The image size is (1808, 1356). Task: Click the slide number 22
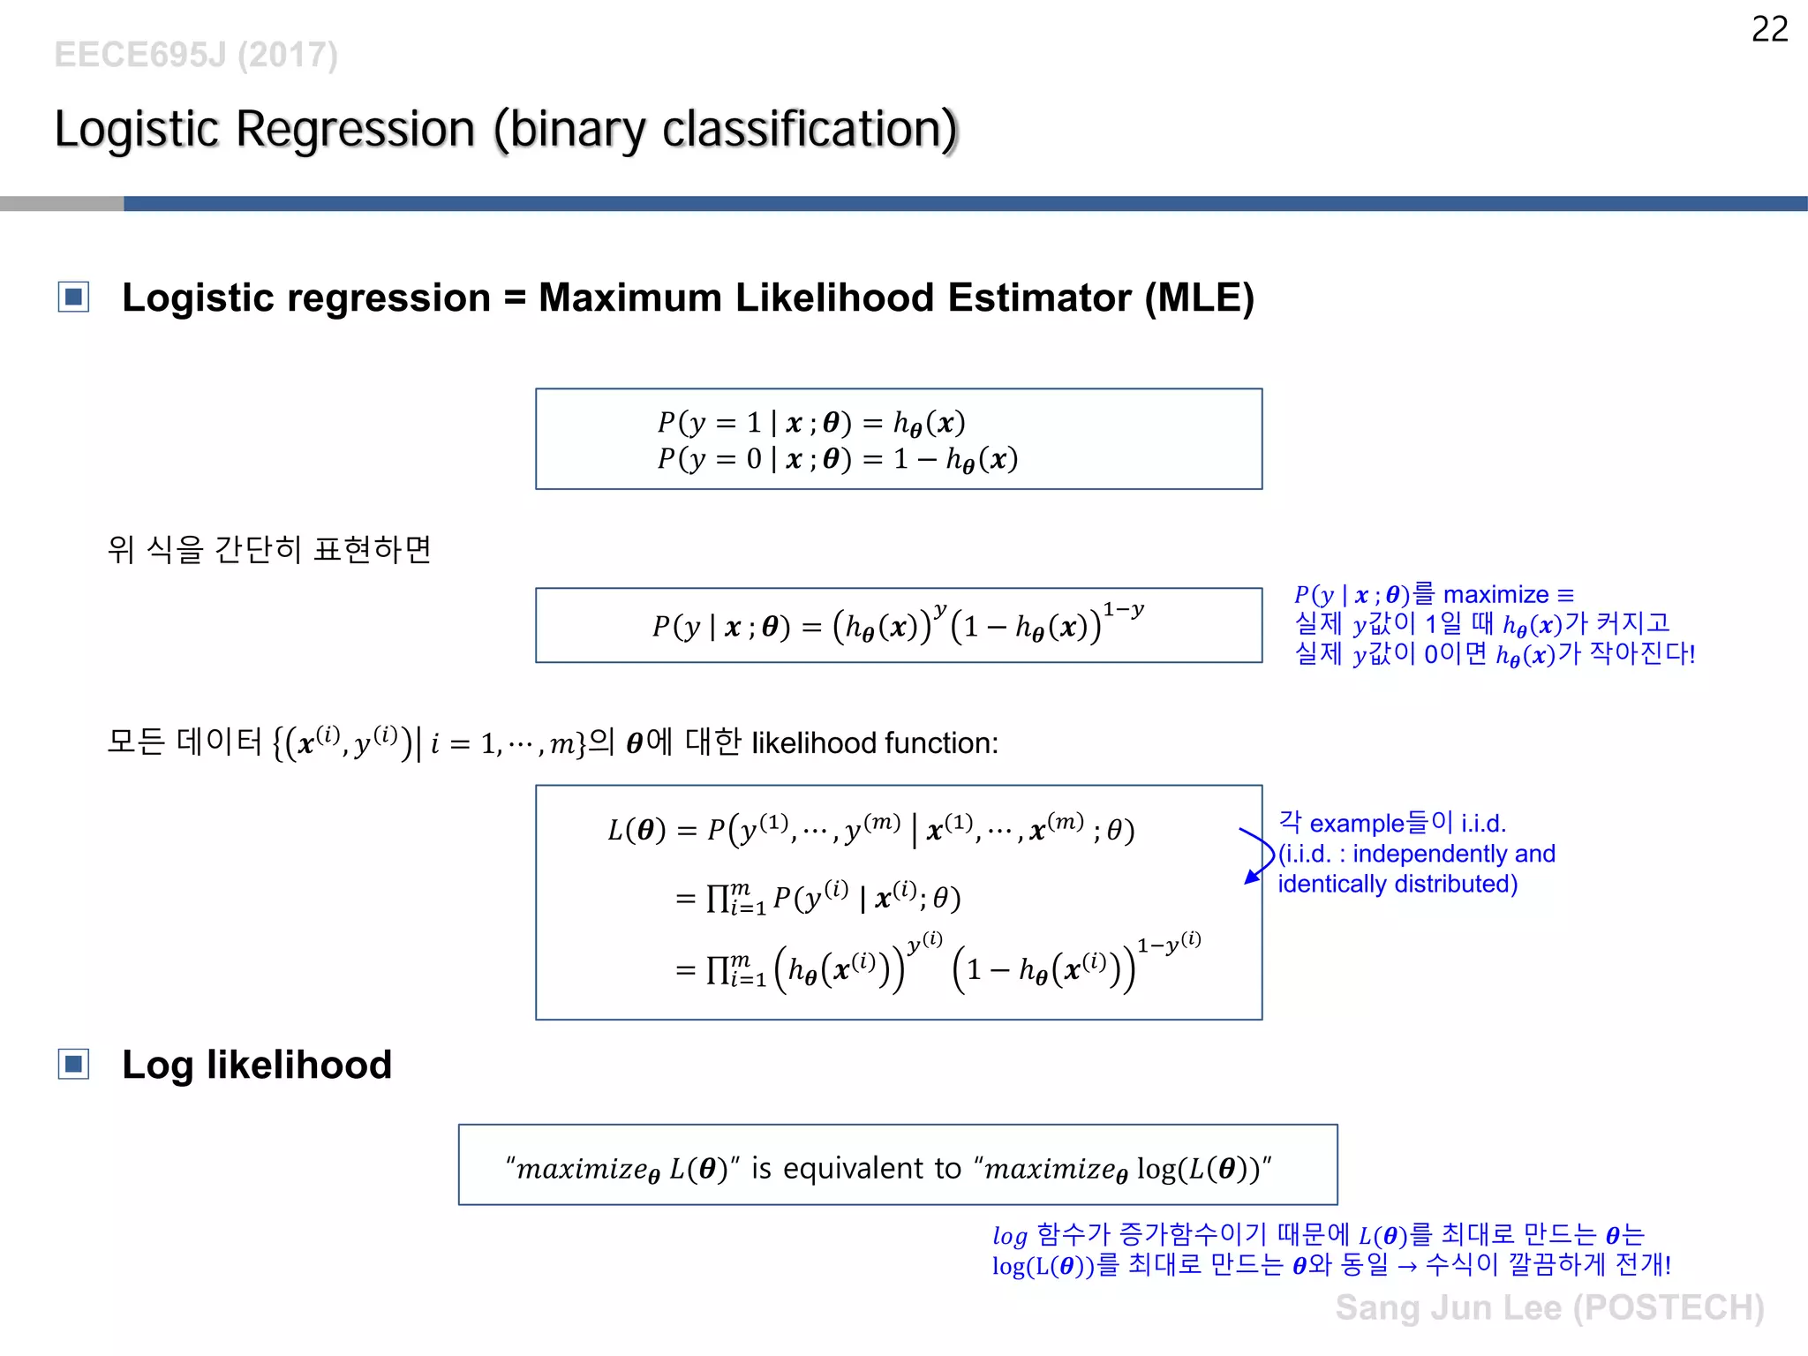1769,30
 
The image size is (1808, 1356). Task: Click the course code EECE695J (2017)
196,55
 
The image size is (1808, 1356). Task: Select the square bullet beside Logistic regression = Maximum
74,298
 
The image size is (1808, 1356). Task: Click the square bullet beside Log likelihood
74,1065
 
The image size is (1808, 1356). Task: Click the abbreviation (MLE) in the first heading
1199,298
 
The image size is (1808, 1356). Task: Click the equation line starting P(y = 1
810,423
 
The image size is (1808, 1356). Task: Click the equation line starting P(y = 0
837,459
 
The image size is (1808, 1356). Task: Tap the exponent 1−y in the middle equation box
1123,610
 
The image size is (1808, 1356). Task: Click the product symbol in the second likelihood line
717,899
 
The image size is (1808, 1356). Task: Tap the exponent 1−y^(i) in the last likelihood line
1168,944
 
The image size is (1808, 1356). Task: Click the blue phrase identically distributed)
1397,884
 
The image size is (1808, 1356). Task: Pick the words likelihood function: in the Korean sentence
874,743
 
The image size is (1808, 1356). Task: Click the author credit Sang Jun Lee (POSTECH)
1549,1307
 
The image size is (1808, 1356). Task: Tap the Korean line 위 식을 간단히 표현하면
269,549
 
